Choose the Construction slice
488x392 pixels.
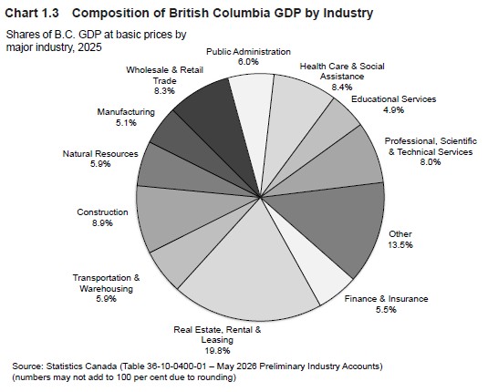point(183,214)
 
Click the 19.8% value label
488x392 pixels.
point(217,351)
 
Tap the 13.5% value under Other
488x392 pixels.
point(400,245)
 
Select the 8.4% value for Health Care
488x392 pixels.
point(342,88)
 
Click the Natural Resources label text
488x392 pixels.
point(100,154)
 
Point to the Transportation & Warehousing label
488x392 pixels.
point(106,283)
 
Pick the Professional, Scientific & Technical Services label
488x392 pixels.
point(431,146)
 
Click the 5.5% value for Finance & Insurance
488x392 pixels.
point(386,310)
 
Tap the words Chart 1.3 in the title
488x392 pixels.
point(32,13)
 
